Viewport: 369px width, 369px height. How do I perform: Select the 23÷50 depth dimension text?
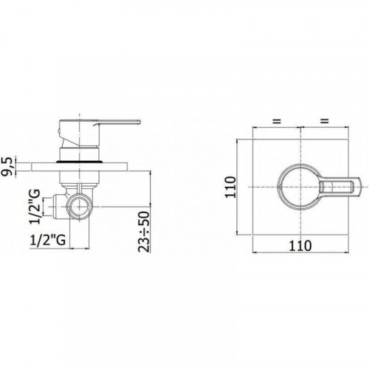[x=144, y=232]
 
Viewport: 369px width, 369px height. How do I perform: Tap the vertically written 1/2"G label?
[x=35, y=207]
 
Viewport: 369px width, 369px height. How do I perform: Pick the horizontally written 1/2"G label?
[x=48, y=240]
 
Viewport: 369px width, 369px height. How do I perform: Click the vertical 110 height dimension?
[x=231, y=187]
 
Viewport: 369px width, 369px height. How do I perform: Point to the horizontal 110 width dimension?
[x=300, y=246]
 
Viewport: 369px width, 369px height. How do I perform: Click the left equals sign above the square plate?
[x=277, y=121]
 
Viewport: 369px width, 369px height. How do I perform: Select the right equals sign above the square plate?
[x=325, y=121]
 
